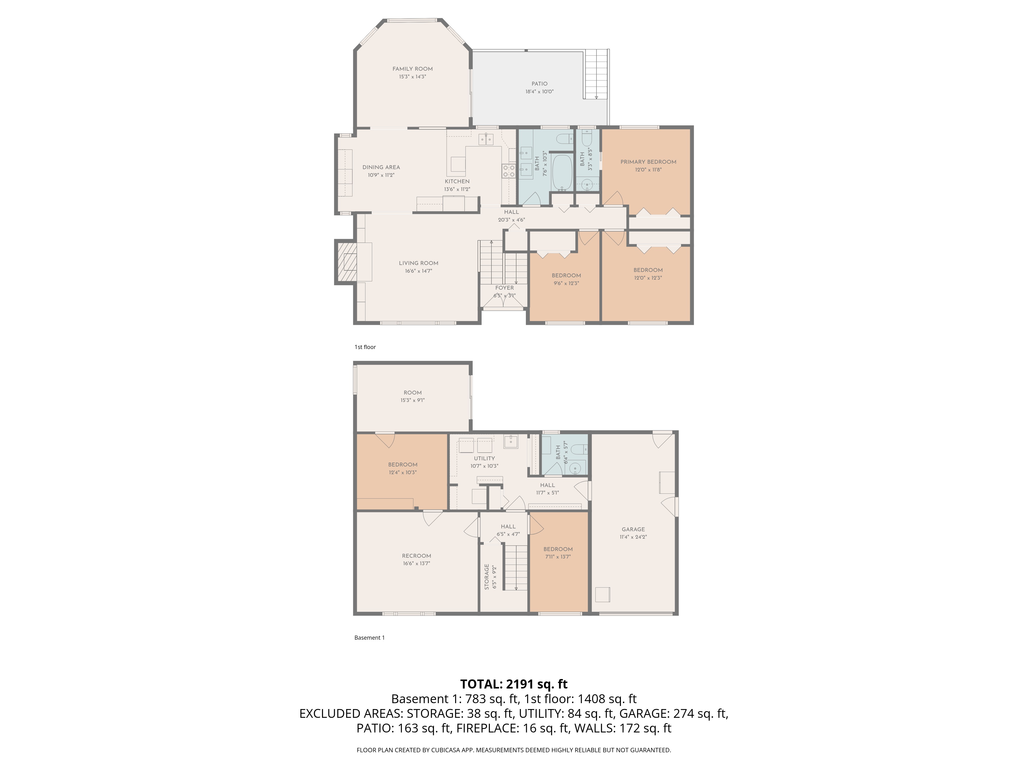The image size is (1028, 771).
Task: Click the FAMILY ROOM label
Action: [x=412, y=69]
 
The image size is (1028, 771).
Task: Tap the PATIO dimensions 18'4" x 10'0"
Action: [x=539, y=91]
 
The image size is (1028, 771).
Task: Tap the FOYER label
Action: [x=504, y=288]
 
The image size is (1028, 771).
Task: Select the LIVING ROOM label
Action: [x=418, y=263]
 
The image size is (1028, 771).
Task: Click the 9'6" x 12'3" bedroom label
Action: [x=566, y=276]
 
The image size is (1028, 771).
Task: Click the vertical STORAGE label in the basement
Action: [x=487, y=577]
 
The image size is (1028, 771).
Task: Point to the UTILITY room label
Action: [x=484, y=458]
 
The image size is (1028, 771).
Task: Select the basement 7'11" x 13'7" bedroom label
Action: [x=558, y=549]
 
